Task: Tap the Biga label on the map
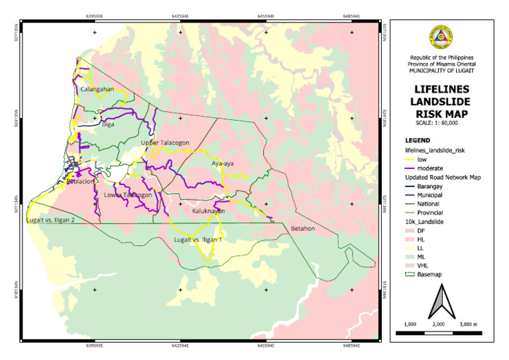pyautogui.click(x=108, y=123)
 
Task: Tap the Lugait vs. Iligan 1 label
pyautogui.click(x=198, y=239)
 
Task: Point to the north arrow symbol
pyautogui.click(x=439, y=302)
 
